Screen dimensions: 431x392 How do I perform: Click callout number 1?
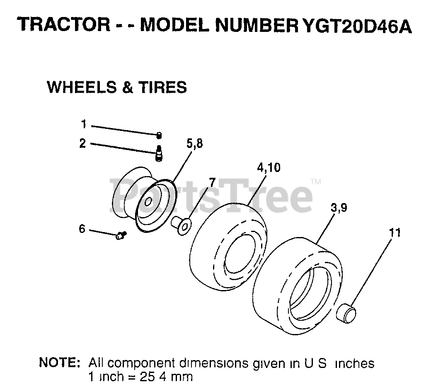click(84, 124)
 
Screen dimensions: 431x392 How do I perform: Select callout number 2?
click(83, 143)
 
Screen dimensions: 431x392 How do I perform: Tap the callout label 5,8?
click(195, 144)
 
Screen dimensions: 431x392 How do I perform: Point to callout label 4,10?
click(269, 167)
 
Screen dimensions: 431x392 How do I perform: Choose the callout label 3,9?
click(339, 208)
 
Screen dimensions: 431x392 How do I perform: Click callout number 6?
click(82, 228)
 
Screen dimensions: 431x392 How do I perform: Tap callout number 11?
click(395, 232)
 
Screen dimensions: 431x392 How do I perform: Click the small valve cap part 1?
click(159, 135)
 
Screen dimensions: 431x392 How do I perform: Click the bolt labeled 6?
click(121, 235)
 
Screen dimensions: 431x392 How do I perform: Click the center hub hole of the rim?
click(148, 202)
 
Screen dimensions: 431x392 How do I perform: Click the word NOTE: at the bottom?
click(59, 363)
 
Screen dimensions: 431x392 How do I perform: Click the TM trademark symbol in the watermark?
click(316, 181)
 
